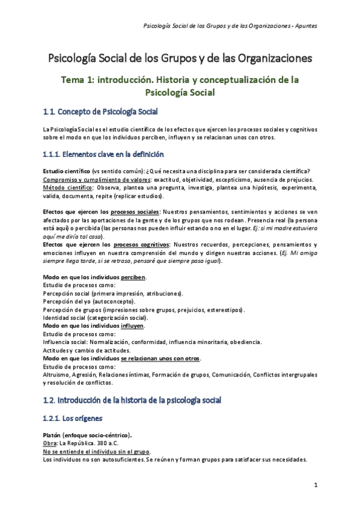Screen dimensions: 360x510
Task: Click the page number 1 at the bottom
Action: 316,485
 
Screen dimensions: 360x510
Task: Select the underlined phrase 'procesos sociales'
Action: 134,212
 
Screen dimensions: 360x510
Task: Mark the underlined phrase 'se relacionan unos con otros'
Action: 160,358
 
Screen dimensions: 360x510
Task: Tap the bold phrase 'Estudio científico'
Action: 67,171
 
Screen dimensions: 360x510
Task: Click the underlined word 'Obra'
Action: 51,443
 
